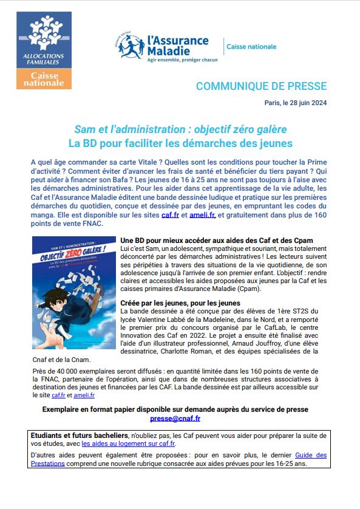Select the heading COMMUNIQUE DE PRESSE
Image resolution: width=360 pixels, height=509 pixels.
(x=261, y=86)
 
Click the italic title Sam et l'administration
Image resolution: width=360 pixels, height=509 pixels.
(x=180, y=130)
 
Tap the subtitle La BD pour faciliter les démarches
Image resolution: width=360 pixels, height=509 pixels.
(x=180, y=143)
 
